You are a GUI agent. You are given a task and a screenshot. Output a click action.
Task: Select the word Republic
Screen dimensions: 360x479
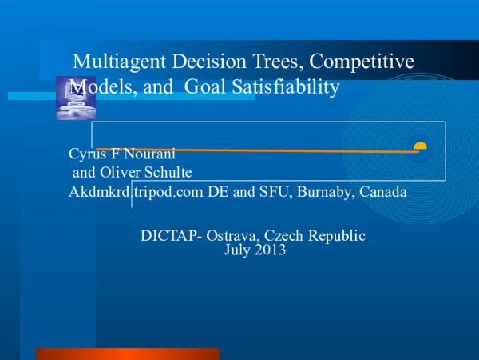click(335, 235)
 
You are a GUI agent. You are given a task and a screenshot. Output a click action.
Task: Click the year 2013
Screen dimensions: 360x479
click(269, 250)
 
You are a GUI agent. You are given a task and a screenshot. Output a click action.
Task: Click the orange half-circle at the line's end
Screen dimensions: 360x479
click(420, 146)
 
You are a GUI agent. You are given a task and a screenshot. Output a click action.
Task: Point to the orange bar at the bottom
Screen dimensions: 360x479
click(128, 354)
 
